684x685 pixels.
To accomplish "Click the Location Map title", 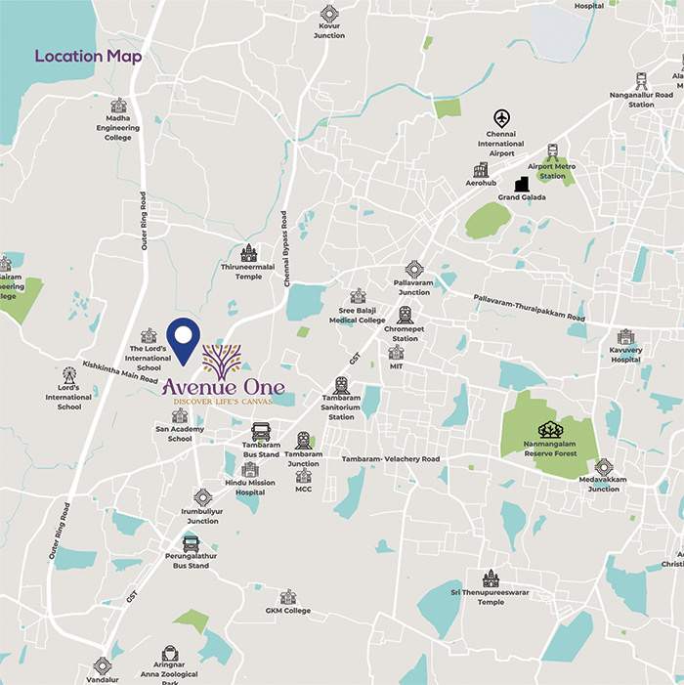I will coord(88,56).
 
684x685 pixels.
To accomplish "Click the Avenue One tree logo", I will coord(222,361).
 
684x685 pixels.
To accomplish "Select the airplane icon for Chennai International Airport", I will coord(502,118).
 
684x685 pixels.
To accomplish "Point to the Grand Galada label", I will coord(522,197).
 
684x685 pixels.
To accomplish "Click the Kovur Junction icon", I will coord(329,14).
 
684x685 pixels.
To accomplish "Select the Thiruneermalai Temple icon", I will coord(248,253).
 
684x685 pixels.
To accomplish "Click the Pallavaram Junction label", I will coord(413,287).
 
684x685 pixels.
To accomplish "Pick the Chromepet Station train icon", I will coord(405,315).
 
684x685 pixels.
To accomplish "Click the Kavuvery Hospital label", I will coord(625,354).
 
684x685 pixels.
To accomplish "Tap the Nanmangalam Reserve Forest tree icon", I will coord(550,429).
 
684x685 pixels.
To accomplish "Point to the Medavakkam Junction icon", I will coord(604,467).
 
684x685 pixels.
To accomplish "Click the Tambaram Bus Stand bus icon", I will coord(261,431).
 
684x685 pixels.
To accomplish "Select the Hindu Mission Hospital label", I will coord(250,489).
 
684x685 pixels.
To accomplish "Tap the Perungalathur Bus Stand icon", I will coord(192,544).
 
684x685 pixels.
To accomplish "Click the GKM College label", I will coord(287,611).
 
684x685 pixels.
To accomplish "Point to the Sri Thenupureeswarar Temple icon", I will coord(491,578).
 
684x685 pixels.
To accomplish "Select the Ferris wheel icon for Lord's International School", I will coord(68,374).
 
